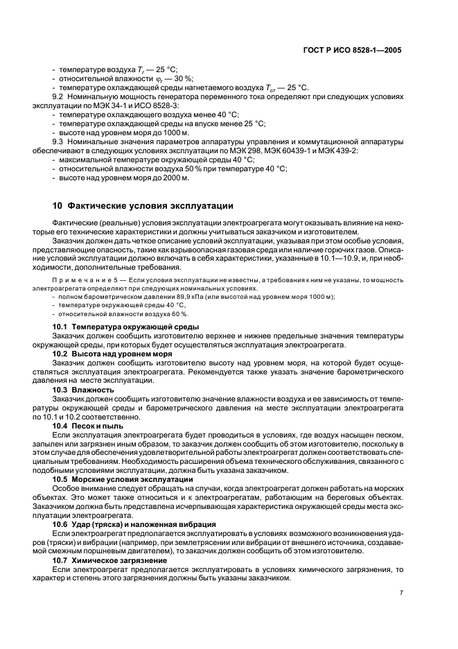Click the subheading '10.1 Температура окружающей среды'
126,327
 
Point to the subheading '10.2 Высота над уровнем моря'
113,353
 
